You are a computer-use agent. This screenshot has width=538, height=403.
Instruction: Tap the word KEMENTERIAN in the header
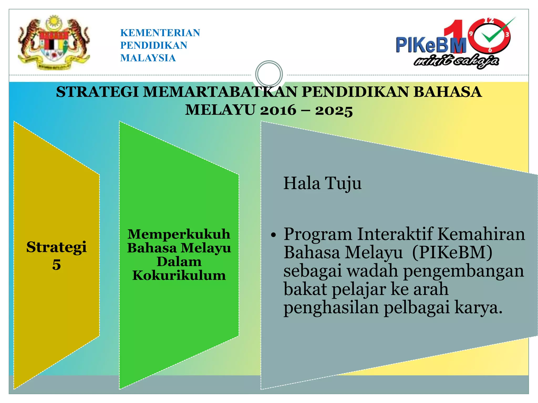(x=160, y=33)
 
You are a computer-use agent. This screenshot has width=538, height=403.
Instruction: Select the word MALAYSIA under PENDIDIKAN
(x=148, y=58)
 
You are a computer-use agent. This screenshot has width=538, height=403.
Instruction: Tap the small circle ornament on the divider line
(x=269, y=74)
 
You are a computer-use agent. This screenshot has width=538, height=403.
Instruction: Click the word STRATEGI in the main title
(x=97, y=92)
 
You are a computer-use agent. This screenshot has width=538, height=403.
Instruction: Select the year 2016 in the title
(x=278, y=110)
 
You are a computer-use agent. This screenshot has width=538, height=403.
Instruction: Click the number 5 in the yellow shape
(x=56, y=264)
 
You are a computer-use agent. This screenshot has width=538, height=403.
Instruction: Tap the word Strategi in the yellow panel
(x=56, y=247)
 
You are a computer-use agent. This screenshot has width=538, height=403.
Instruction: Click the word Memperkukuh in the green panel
(x=179, y=234)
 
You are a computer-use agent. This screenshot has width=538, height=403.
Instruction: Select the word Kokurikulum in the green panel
(x=179, y=275)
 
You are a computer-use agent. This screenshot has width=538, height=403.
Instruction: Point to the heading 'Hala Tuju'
(x=322, y=183)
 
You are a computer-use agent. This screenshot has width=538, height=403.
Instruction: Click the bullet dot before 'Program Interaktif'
(x=273, y=235)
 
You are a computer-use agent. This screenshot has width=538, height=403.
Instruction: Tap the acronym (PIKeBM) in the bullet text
(x=452, y=252)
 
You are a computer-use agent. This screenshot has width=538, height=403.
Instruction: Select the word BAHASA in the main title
(x=447, y=92)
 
